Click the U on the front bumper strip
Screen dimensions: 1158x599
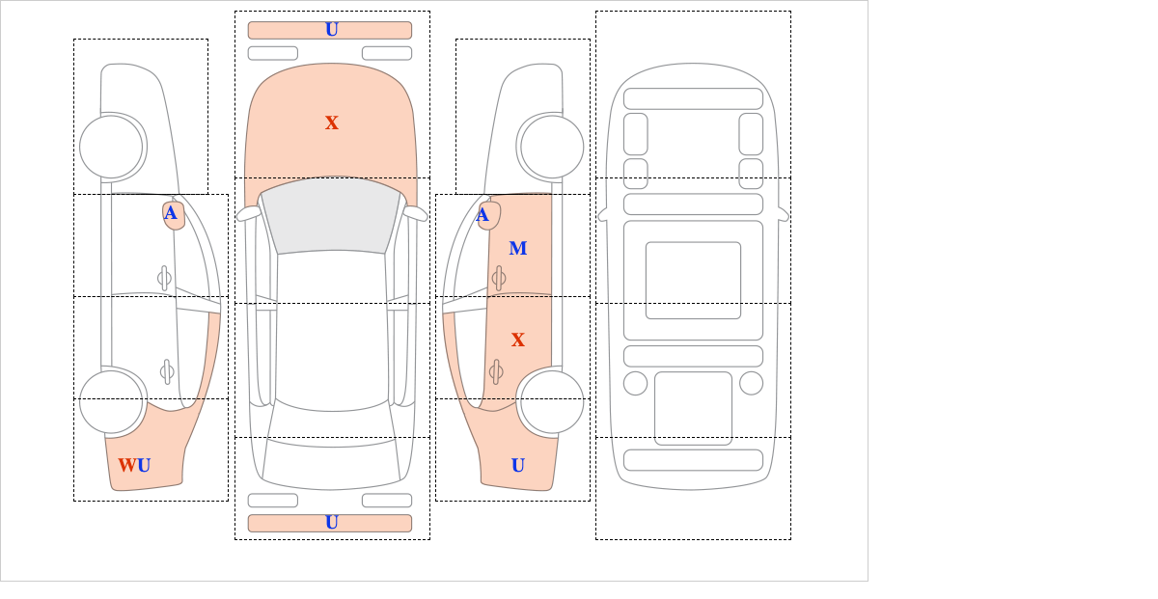(332, 30)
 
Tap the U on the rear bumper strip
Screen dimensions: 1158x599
(332, 523)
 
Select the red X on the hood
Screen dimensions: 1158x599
(332, 123)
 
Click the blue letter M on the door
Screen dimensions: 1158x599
(518, 248)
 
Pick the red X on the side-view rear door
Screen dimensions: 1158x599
(518, 340)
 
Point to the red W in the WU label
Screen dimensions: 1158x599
(127, 465)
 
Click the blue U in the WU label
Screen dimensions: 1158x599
(144, 465)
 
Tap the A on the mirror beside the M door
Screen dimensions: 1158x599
(482, 214)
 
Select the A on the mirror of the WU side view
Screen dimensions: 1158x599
(171, 213)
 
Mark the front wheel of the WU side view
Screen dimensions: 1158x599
(111, 148)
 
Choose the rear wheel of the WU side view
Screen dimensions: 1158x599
(111, 401)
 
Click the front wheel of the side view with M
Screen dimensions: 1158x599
(552, 148)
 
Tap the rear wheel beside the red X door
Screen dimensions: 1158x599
(552, 401)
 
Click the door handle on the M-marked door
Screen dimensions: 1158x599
(499, 279)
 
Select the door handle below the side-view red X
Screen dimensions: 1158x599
(496, 371)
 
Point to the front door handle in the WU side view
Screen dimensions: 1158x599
(164, 279)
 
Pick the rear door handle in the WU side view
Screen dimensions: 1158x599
(167, 371)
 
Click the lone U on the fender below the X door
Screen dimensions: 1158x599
(518, 465)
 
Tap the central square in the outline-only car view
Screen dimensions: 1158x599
(693, 280)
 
